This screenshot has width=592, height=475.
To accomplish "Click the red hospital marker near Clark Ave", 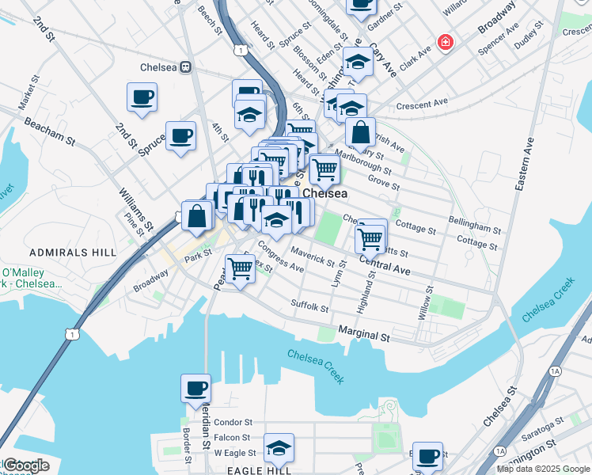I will pos(446,42).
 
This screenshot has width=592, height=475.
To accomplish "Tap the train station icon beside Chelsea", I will pos(188,67).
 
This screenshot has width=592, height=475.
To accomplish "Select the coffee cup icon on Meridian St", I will pos(195,389).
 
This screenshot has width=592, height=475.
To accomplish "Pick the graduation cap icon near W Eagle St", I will pos(279,448).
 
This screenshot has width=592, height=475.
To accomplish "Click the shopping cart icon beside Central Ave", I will pos(370,237).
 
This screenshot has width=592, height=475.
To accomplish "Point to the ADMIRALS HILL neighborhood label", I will pos(72,253).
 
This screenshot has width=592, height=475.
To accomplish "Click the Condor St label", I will pos(233,423).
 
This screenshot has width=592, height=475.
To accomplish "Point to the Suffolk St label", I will pos(309,305).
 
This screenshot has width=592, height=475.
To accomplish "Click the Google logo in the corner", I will pos(26,465).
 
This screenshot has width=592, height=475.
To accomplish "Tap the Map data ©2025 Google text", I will pos(543,469).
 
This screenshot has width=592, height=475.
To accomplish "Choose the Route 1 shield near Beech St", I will pos(238,50).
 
